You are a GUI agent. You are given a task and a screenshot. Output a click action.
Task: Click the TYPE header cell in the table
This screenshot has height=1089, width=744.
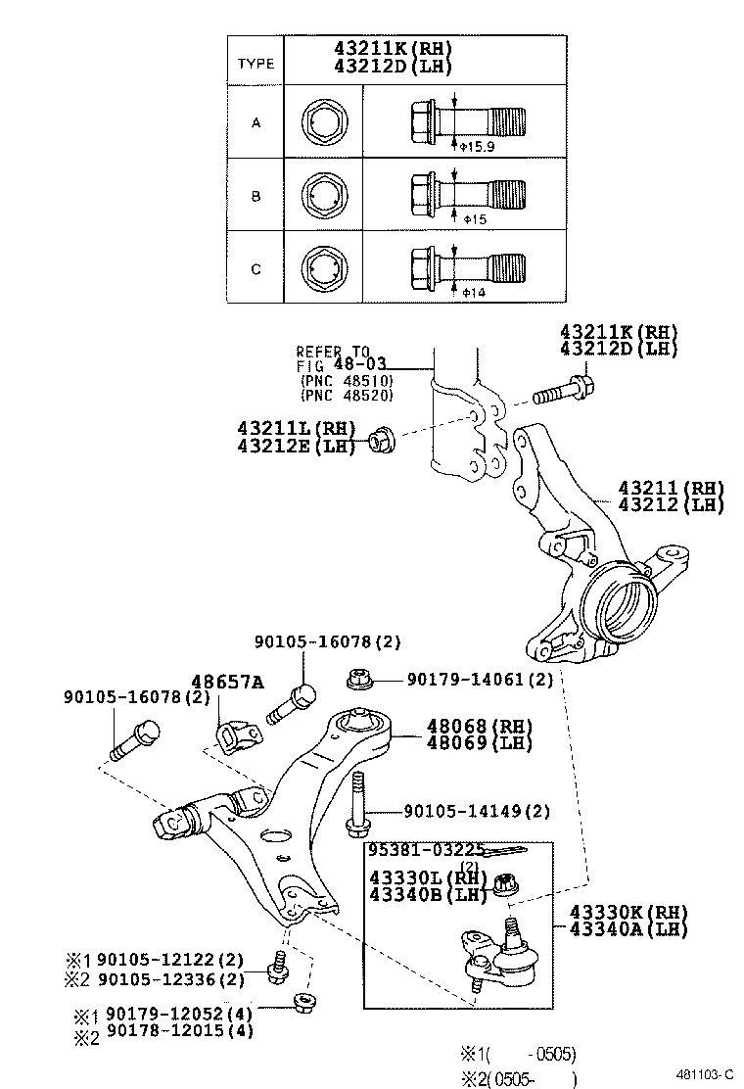pos(256,64)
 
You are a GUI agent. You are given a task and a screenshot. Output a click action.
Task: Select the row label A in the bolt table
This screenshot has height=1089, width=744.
pos(256,123)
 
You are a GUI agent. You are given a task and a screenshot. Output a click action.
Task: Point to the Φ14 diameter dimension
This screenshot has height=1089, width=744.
pos(473,292)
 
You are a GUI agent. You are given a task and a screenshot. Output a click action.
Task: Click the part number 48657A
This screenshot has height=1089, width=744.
pos(226,682)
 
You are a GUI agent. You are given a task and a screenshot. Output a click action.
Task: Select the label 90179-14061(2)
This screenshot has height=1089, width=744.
pos(480,678)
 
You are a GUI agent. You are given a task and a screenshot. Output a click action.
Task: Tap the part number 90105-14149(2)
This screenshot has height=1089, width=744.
pos(477,811)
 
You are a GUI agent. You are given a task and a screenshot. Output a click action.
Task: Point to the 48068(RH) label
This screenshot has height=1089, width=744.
pos(479,727)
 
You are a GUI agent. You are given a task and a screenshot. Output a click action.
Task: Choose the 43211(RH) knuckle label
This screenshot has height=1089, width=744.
pos(671,488)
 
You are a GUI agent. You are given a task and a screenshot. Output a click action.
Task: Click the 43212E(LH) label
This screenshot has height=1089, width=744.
pos(297,446)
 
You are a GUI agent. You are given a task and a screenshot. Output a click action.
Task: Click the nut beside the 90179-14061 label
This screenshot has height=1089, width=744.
pos(358,678)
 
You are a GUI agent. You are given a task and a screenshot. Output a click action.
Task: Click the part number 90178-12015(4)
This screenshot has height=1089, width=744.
pos(180,1030)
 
